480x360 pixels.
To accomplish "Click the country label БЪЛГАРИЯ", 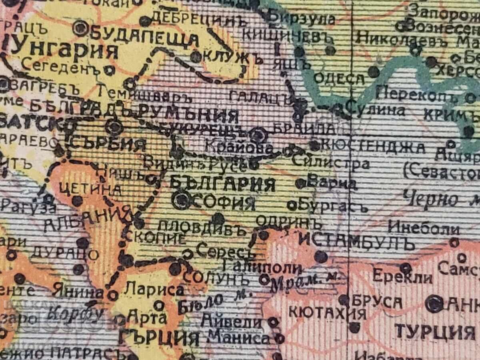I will (222, 185).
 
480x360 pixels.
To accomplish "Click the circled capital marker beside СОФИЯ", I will (182, 201).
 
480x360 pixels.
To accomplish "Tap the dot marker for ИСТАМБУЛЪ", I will (321, 256).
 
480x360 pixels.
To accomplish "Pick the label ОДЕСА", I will (339, 78).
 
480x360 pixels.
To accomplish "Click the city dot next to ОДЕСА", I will (373, 72).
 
